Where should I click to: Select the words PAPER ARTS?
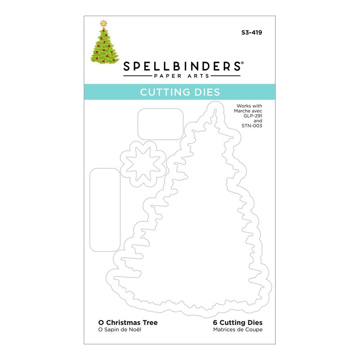pyautogui.click(x=182, y=77)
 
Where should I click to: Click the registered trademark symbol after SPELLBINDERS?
pyautogui.click(x=242, y=63)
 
